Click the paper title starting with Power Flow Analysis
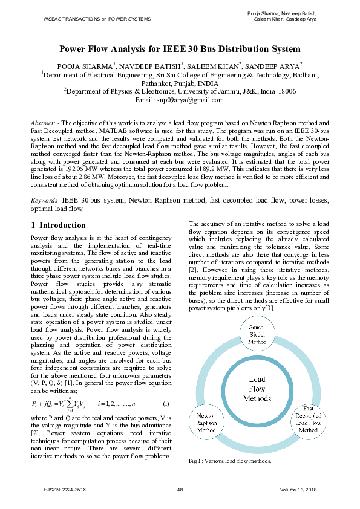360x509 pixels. point(179,49)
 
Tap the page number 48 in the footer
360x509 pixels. point(180,489)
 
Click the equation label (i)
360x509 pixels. point(166,403)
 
